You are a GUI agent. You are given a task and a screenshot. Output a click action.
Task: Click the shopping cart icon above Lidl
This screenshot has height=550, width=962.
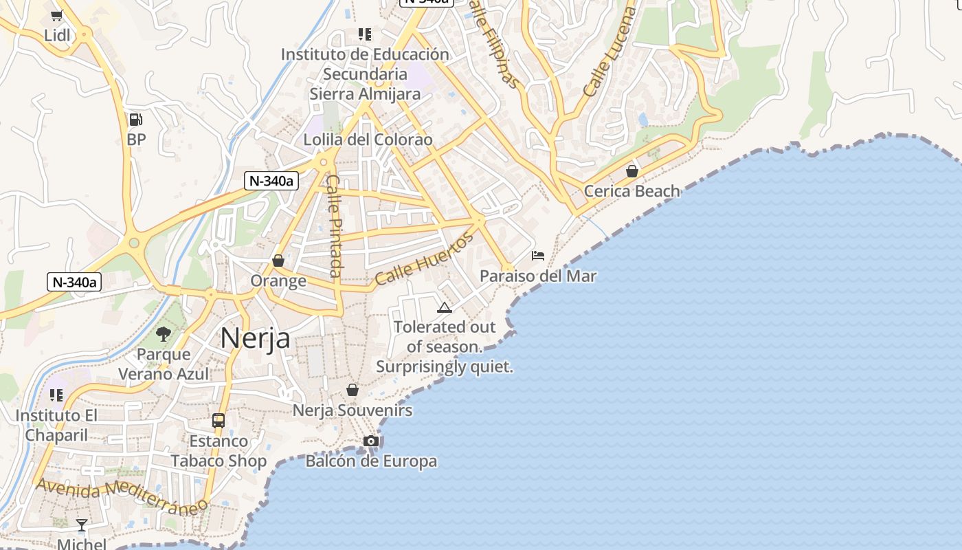[x=57, y=15]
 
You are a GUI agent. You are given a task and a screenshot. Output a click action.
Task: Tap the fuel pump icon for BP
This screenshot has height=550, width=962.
[x=136, y=120]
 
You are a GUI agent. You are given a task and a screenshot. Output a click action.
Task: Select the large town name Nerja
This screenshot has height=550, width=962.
[x=255, y=338]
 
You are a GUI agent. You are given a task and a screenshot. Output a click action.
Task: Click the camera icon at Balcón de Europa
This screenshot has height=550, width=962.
[x=371, y=441]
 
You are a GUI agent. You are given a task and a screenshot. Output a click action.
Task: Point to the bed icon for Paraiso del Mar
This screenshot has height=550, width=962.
[x=538, y=256]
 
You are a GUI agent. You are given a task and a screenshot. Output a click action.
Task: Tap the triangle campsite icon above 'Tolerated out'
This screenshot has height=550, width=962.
[x=445, y=307]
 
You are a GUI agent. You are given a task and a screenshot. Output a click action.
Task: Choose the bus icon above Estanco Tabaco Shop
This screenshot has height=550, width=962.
[x=219, y=420]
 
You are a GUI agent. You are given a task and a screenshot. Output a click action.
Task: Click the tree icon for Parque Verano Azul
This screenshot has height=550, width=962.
[x=164, y=334]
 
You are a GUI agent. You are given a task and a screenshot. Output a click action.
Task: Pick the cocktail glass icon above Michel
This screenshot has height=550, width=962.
[x=82, y=525]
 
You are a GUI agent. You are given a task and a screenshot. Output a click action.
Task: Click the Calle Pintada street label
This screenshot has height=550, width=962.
[x=334, y=225]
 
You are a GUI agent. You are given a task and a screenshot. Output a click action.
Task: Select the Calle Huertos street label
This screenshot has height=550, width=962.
[x=424, y=259]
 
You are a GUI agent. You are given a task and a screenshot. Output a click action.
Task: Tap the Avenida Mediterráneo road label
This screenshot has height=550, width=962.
[x=122, y=496]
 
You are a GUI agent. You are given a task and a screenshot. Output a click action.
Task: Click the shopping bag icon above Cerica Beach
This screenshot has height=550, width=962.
[x=632, y=170]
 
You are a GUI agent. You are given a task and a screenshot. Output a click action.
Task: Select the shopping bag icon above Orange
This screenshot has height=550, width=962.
[x=278, y=261]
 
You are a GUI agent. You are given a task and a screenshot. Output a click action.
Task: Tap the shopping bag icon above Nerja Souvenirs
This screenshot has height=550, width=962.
[x=353, y=390]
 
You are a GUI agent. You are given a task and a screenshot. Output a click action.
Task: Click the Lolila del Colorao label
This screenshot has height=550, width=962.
[x=368, y=140]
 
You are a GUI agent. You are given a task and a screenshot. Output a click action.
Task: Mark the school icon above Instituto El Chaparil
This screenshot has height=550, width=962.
[x=56, y=395]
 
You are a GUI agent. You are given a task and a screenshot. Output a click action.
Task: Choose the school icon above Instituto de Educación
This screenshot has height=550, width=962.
[x=365, y=34]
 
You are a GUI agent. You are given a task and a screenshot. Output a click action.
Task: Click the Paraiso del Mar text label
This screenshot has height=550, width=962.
[x=538, y=276]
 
